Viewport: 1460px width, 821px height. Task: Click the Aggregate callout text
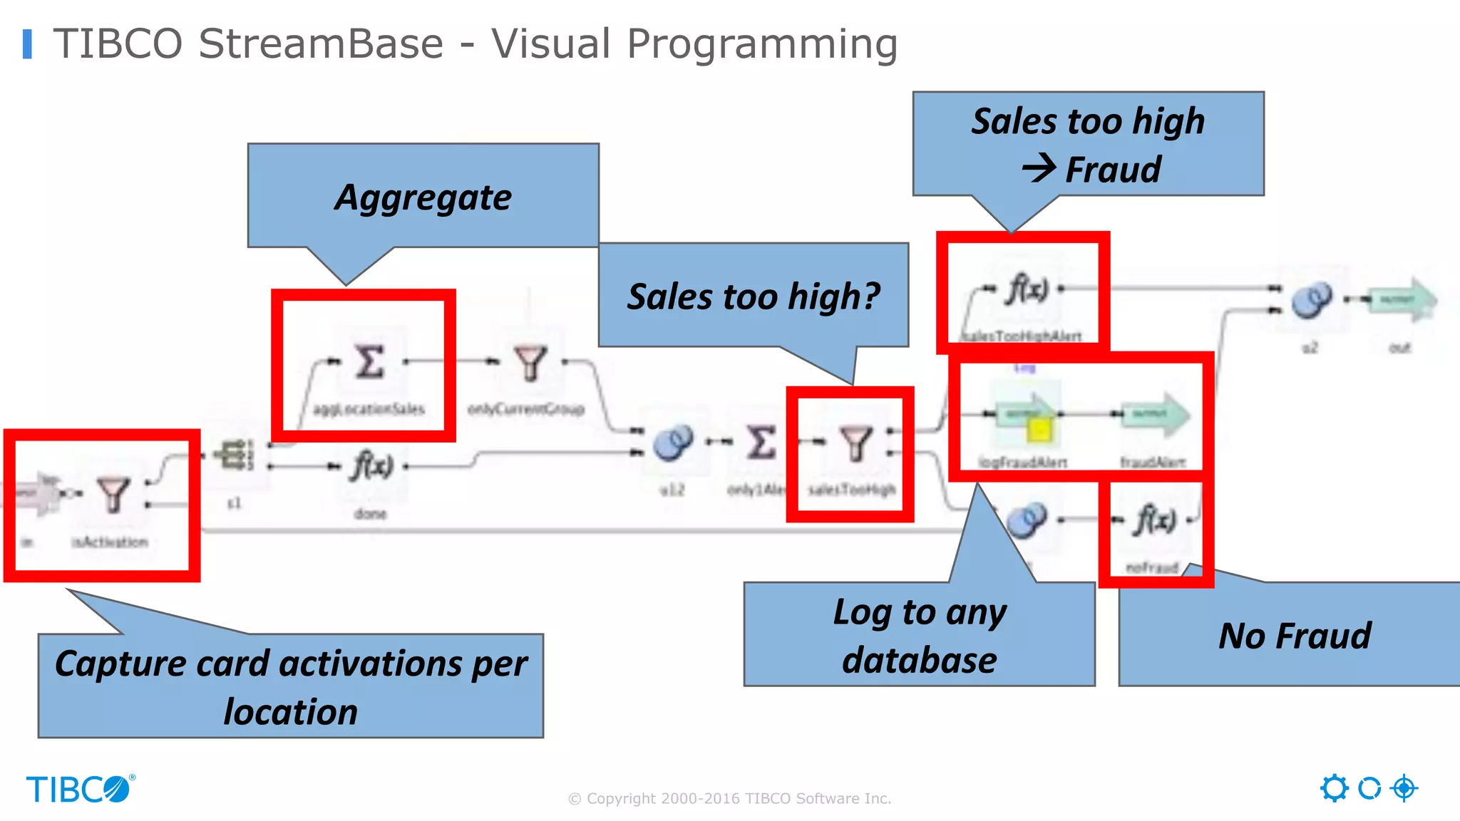(423, 197)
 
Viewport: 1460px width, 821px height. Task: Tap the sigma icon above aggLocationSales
(369, 361)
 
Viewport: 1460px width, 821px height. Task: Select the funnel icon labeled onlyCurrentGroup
(530, 363)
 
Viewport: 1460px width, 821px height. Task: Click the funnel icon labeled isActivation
(113, 495)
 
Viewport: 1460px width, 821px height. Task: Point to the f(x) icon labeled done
(371, 467)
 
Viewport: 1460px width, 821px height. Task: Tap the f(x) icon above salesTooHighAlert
(1027, 289)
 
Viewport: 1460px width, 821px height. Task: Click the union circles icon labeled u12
(672, 443)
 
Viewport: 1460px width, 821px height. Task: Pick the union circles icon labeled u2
(1311, 299)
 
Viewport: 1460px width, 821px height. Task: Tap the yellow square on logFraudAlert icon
(1039, 430)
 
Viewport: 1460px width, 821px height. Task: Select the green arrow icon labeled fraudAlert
(1154, 414)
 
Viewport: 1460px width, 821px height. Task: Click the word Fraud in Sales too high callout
(1113, 170)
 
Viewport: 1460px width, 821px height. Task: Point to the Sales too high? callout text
(753, 296)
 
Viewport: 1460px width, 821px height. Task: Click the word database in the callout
(919, 660)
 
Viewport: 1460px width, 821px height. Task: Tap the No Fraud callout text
(1294, 636)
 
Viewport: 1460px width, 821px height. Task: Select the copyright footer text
(729, 798)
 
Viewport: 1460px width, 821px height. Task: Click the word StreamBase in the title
(321, 44)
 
